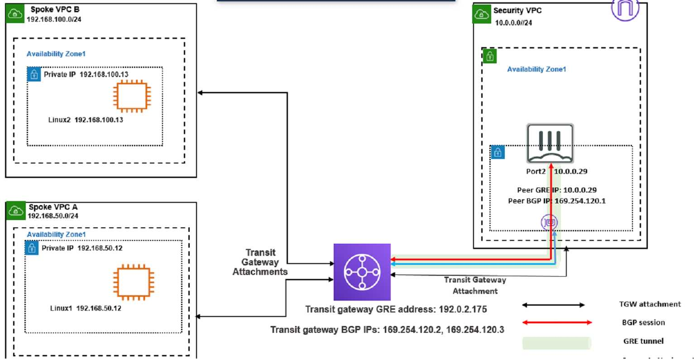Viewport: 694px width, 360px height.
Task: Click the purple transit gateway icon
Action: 362,272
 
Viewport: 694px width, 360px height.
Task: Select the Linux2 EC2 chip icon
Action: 132,96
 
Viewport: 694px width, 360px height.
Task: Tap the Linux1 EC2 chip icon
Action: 133,283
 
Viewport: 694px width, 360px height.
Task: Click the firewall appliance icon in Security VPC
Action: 550,143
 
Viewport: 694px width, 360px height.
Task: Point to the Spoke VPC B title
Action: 55,10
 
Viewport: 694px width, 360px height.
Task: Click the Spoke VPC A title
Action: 53,207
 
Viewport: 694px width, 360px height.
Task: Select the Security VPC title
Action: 517,10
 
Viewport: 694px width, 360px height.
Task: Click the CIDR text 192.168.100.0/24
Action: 54,19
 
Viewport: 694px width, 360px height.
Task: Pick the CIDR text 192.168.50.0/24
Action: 53,216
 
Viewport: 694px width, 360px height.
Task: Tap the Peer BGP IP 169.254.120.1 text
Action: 556,201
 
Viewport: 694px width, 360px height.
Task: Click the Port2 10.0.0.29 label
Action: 556,172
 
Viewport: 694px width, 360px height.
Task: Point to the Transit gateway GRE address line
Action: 396,310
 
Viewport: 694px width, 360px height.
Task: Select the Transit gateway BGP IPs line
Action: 387,330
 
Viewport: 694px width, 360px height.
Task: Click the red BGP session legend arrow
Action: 557,322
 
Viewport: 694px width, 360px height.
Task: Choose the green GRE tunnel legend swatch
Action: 556,342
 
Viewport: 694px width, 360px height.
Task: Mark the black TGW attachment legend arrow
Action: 553,305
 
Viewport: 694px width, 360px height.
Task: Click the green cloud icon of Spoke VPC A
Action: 16,211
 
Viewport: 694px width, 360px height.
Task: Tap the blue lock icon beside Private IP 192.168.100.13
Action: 34,74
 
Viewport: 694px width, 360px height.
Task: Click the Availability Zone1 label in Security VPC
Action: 536,69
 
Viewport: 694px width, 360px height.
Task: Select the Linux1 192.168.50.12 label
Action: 86,308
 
